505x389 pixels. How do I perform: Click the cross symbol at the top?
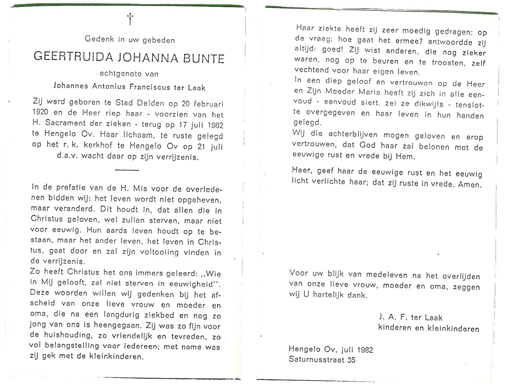click(x=130, y=19)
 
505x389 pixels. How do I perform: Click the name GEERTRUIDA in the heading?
click(x=74, y=57)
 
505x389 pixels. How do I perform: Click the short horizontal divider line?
click(x=127, y=170)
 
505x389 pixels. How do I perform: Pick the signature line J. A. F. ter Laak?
click(x=410, y=317)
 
